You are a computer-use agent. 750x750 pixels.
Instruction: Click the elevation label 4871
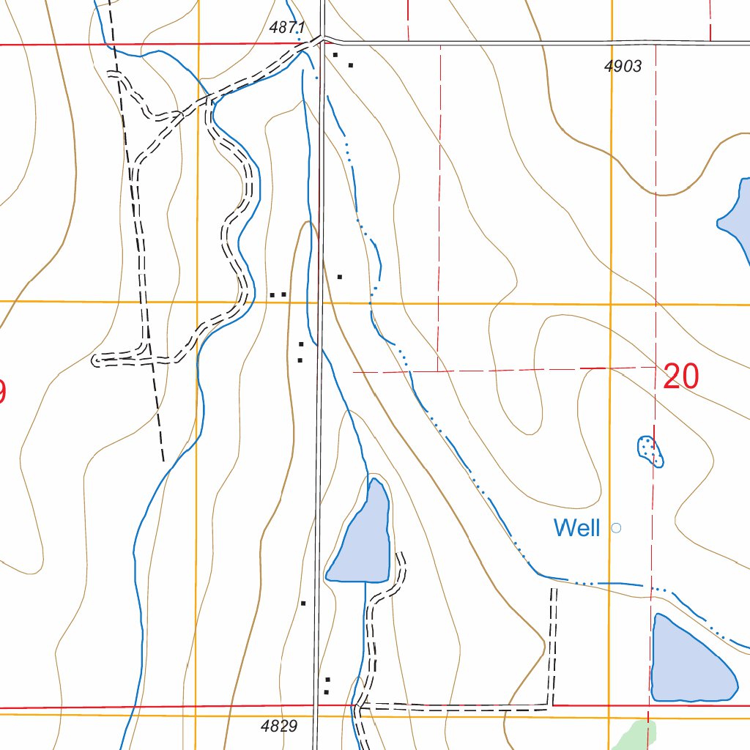coord(286,28)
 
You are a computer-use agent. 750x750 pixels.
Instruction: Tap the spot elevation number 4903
coord(623,67)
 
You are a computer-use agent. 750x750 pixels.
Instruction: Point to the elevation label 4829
coord(278,727)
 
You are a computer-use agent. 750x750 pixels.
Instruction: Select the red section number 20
coord(681,377)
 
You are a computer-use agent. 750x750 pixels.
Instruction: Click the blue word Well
coord(576,527)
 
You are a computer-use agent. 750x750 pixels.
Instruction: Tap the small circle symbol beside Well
coord(616,527)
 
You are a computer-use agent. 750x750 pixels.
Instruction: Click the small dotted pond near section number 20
coord(650,450)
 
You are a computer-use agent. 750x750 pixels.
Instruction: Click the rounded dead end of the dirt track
coord(96,360)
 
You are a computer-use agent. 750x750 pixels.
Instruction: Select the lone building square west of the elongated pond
coord(303,603)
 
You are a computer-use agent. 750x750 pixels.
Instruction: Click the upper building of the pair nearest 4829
coord(327,680)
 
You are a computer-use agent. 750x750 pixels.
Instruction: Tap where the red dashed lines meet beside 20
coord(655,366)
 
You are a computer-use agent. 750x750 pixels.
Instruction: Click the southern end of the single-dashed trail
coord(163,461)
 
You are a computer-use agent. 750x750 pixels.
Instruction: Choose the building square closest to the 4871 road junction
coord(335,55)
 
